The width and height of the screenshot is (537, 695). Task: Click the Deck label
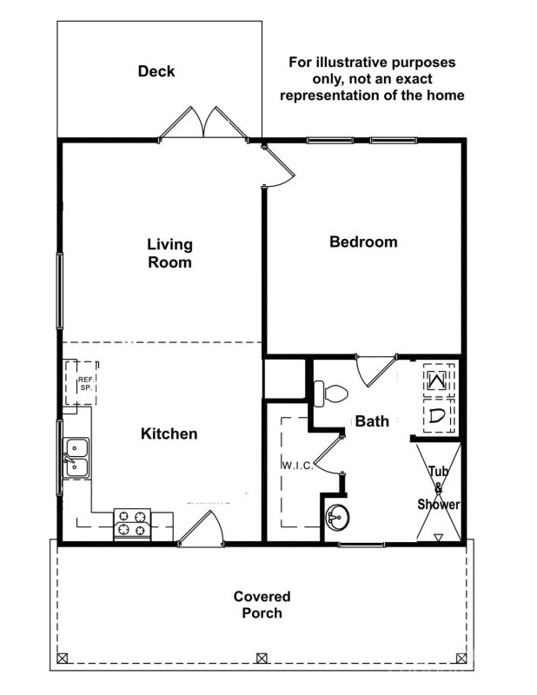click(x=156, y=71)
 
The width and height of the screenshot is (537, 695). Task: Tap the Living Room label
click(x=169, y=253)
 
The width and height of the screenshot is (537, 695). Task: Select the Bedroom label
click(x=363, y=242)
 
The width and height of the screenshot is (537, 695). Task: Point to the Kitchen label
click(x=169, y=434)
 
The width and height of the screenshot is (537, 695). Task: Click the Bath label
click(x=372, y=421)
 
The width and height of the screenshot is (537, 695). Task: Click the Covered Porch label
click(x=262, y=605)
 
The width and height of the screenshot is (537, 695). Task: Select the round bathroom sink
click(x=336, y=520)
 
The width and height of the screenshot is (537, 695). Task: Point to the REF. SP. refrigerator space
click(x=85, y=383)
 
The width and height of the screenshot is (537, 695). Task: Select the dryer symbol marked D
click(x=437, y=414)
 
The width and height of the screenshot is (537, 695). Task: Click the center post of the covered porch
click(x=262, y=657)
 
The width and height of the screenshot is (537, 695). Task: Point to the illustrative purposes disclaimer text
click(x=371, y=79)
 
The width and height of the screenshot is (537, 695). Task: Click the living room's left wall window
click(x=60, y=291)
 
